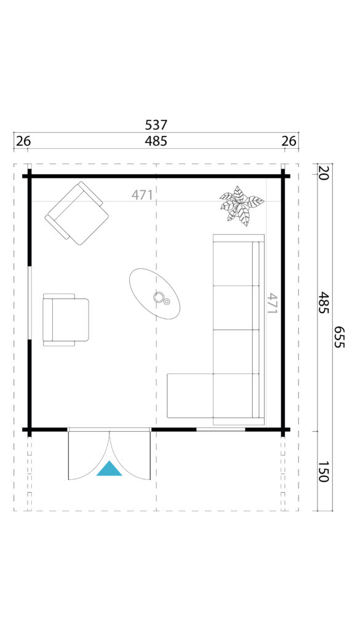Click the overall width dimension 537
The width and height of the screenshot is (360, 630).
(x=156, y=125)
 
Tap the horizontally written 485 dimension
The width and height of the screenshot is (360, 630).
(x=156, y=142)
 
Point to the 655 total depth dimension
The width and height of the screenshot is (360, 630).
(x=340, y=337)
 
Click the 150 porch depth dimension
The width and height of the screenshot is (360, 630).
(x=324, y=471)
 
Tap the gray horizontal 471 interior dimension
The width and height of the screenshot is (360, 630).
(x=142, y=195)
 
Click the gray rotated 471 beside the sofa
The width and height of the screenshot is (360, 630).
(x=273, y=303)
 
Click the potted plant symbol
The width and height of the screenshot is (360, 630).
(x=241, y=205)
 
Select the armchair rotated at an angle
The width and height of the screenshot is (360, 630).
(x=77, y=213)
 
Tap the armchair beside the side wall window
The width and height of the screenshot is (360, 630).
(x=66, y=320)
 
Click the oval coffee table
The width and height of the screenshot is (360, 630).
(x=154, y=293)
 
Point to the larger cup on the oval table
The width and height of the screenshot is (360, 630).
(x=159, y=297)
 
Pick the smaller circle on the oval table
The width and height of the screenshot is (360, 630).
(x=167, y=301)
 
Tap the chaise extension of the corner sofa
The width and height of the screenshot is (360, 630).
(x=190, y=396)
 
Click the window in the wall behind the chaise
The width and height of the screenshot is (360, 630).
(x=220, y=429)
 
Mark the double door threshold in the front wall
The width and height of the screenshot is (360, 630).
(x=110, y=429)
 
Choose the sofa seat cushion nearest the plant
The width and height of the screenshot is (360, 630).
(x=233, y=263)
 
